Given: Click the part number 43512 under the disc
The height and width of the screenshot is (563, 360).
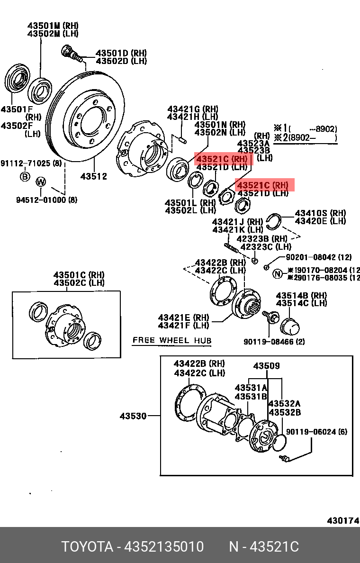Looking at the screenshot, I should click(x=93, y=176).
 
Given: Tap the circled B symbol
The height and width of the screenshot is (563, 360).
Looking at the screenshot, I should click(x=24, y=177).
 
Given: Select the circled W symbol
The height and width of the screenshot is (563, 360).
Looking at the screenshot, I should click(x=41, y=182).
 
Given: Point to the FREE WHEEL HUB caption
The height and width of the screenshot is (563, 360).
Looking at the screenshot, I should click(x=172, y=340).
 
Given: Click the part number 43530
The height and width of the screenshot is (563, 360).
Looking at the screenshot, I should click(x=133, y=416).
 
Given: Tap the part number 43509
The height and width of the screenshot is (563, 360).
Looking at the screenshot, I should click(x=266, y=366).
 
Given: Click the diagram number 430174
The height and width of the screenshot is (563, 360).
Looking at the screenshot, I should click(x=342, y=520).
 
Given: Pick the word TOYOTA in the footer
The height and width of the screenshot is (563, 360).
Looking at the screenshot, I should click(x=87, y=547).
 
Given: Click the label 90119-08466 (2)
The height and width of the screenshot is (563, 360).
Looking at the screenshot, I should click(x=274, y=341).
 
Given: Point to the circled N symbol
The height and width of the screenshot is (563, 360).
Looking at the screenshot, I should click(x=278, y=273).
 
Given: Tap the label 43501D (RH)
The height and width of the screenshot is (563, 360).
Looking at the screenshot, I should click(x=121, y=53).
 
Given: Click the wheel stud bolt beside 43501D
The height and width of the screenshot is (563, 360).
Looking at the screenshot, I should click(x=71, y=53).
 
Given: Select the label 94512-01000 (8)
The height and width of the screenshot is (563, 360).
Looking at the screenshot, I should click(x=46, y=200).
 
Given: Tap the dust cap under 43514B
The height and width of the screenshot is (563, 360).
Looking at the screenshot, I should click(x=289, y=326).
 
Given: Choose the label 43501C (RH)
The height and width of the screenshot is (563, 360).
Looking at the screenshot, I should click(x=79, y=275).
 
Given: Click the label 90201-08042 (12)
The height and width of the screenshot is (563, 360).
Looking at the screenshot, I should click(x=319, y=257).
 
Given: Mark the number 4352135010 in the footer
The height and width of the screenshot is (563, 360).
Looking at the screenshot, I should click(x=163, y=547).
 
